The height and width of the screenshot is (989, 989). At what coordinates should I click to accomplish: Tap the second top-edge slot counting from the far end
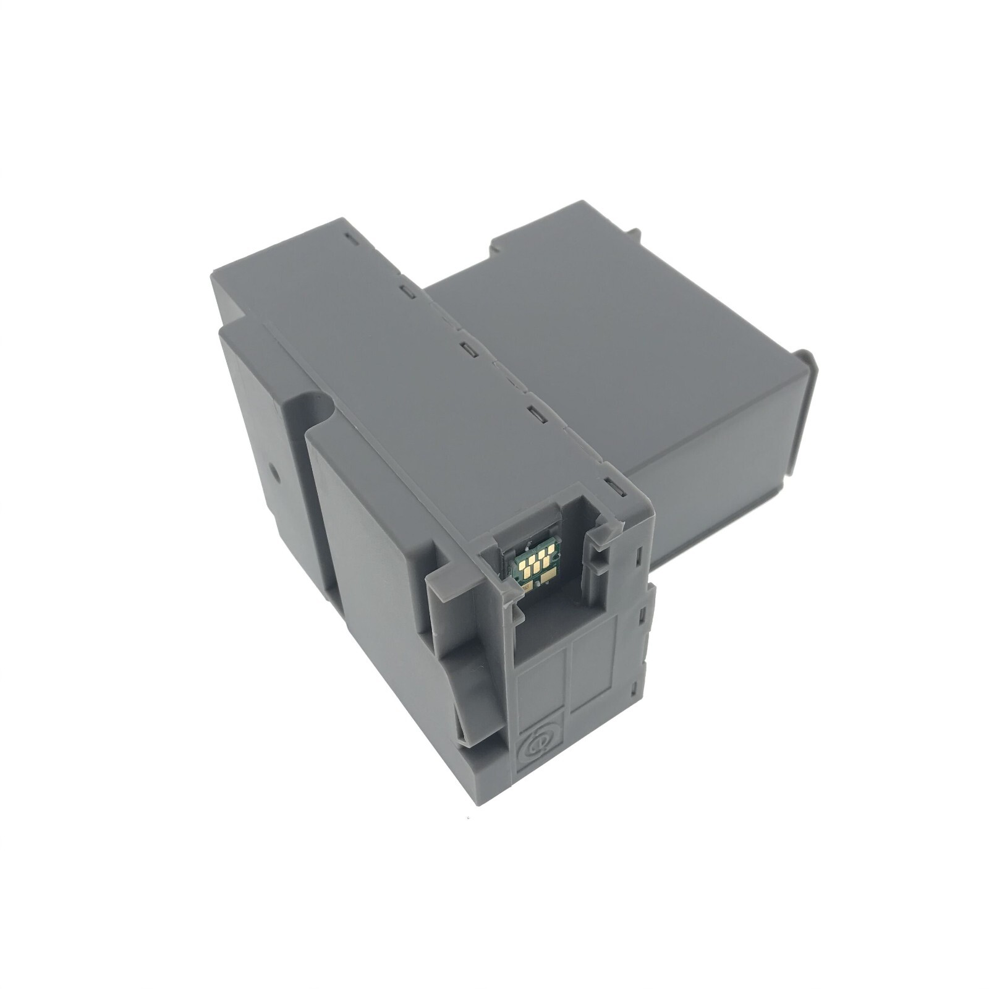[x=405, y=289]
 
